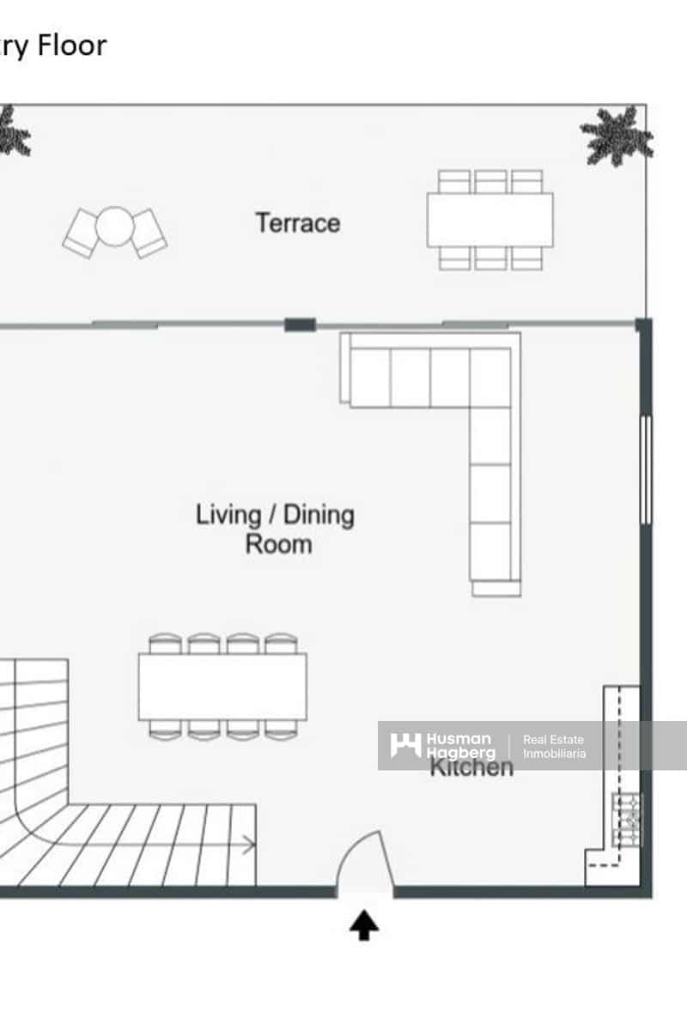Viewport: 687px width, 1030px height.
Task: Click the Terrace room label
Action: pyautogui.click(x=298, y=223)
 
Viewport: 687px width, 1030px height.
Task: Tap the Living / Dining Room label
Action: pyautogui.click(x=275, y=529)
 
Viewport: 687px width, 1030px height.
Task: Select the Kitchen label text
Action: pyautogui.click(x=471, y=766)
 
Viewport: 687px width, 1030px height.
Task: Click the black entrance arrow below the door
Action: pyautogui.click(x=364, y=925)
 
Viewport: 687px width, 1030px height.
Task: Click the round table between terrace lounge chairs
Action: pyautogui.click(x=113, y=227)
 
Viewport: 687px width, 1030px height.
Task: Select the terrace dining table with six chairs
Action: pyautogui.click(x=489, y=220)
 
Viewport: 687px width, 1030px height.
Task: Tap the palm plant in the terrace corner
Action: pyautogui.click(x=617, y=135)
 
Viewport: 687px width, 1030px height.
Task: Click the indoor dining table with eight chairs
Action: pyautogui.click(x=222, y=687)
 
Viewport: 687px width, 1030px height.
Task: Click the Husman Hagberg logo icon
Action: pyautogui.click(x=405, y=745)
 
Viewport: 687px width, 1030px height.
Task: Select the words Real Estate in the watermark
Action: pyautogui.click(x=554, y=739)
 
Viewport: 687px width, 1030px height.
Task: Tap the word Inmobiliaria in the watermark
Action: pyautogui.click(x=555, y=754)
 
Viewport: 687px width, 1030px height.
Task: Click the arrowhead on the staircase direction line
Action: pyautogui.click(x=250, y=845)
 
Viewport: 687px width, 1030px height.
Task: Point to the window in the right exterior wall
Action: pyautogui.click(x=646, y=470)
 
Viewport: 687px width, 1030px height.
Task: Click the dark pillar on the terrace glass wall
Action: pyautogui.click(x=300, y=324)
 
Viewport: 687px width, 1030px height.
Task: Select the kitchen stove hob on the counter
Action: pyautogui.click(x=627, y=820)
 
